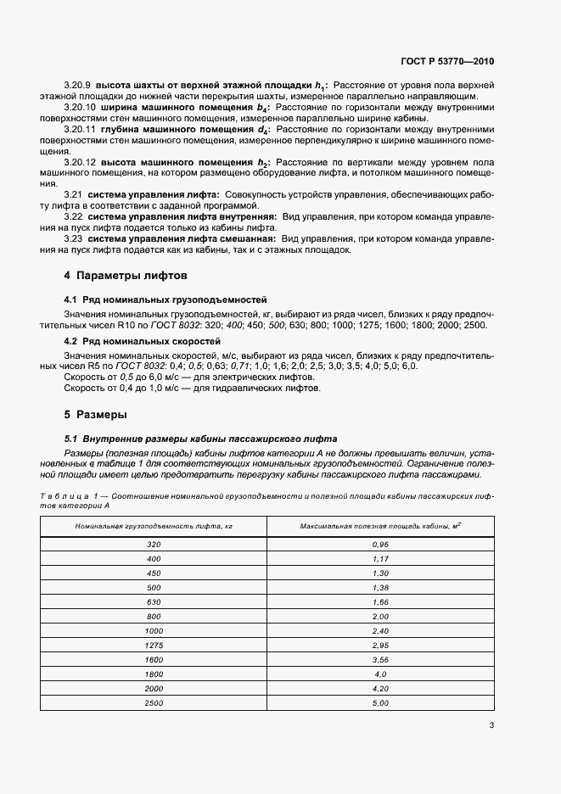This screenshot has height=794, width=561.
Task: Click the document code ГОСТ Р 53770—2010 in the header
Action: tap(447, 62)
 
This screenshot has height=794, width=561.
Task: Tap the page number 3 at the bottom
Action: tap(491, 724)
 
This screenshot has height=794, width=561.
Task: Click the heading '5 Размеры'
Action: tap(95, 415)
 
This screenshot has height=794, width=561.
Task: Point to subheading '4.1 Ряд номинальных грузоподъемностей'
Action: tap(165, 299)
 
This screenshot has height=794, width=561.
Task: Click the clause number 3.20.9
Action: tap(78, 86)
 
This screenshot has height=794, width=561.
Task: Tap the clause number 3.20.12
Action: tap(81, 162)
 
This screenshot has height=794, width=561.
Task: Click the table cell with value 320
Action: tap(154, 543)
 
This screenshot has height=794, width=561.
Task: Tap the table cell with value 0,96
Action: tap(379, 543)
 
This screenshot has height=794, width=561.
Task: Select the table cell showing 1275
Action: tap(154, 646)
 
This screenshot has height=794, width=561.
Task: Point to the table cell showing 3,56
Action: tap(379, 660)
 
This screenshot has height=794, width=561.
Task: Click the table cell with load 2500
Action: tap(154, 704)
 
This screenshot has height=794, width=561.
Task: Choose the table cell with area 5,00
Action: tap(379, 704)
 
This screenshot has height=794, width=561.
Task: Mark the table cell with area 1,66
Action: tap(379, 601)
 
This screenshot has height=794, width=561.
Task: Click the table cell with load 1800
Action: tap(154, 674)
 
